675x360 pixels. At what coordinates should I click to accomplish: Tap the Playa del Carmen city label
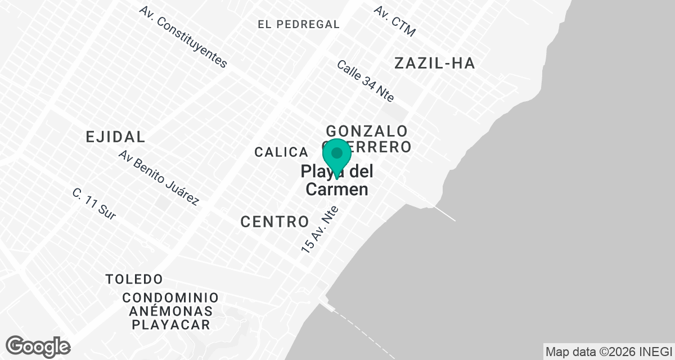[337, 181]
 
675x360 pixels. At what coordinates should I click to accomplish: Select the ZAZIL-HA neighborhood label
[434, 63]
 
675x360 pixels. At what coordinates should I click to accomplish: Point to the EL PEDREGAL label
[299, 24]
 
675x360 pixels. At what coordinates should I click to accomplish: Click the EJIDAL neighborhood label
[115, 136]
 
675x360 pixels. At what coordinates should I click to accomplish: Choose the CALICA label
[281, 152]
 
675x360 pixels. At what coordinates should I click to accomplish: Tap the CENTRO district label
[274, 222]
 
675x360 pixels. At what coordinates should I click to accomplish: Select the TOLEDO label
[134, 279]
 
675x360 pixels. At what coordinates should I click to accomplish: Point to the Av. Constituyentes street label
[184, 37]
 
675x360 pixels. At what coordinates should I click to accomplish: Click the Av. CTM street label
[395, 21]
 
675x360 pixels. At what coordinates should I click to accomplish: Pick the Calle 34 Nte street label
[365, 81]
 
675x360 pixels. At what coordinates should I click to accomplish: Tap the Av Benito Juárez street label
[159, 177]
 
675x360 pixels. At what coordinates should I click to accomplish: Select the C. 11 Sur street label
[94, 204]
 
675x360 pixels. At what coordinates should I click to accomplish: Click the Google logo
[38, 346]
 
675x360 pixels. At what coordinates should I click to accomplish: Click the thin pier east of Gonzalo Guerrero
[444, 213]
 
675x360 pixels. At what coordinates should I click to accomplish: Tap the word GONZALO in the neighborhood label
[366, 131]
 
